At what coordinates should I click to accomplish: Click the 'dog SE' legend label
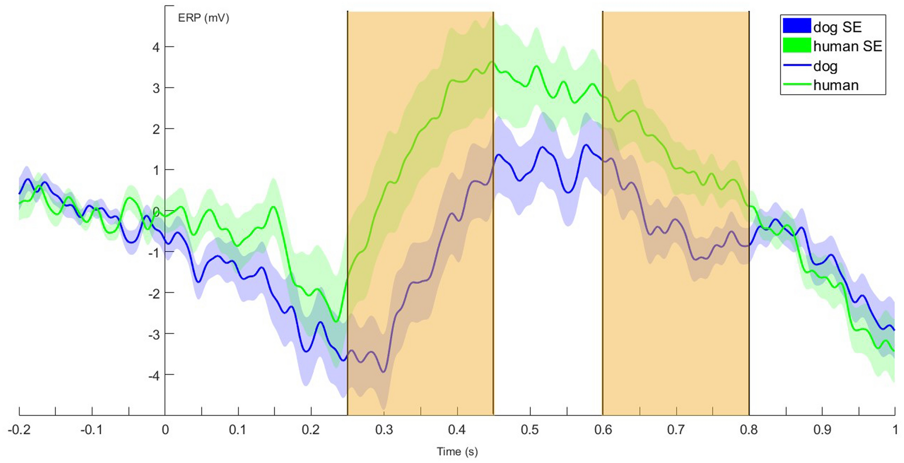tap(837, 27)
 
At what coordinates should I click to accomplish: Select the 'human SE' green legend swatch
tap(797, 46)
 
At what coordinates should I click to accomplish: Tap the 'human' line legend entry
tap(836, 85)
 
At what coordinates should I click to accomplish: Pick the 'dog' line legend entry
tap(825, 66)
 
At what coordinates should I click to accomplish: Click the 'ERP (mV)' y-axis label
tap(204, 18)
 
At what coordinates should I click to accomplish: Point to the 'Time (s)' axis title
tap(457, 451)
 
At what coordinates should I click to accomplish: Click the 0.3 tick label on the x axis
tap(384, 429)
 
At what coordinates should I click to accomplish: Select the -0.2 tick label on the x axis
tap(19, 429)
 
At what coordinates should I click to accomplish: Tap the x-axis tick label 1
tap(895, 429)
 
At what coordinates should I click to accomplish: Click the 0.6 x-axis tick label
tap(603, 429)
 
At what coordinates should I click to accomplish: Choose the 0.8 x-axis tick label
tap(748, 429)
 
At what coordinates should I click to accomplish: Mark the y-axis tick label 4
tap(156, 47)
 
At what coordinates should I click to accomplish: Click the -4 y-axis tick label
tap(154, 375)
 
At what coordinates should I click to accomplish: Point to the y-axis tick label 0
tap(156, 211)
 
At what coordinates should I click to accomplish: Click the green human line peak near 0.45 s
tap(492, 62)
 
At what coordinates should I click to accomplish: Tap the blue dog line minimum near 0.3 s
tap(384, 372)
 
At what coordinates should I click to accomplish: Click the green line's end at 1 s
tap(894, 351)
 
